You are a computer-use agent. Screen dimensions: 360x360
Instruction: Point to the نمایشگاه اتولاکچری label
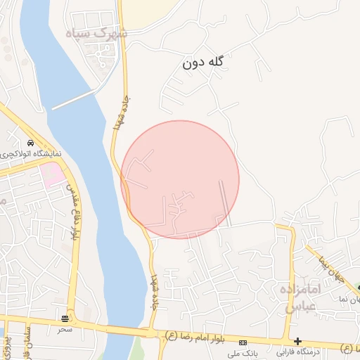pos(31,153)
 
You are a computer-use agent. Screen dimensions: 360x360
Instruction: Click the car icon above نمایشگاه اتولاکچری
pos(30,143)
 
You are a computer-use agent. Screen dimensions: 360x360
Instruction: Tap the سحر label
pos(65,328)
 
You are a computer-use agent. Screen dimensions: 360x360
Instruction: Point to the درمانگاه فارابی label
pos(298,351)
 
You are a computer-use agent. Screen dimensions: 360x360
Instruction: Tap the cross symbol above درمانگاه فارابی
pos(298,341)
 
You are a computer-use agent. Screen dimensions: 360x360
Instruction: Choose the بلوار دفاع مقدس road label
pos(72,212)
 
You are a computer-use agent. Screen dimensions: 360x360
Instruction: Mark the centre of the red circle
pos(180,179)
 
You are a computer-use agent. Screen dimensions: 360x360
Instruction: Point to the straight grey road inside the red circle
pos(225,202)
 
